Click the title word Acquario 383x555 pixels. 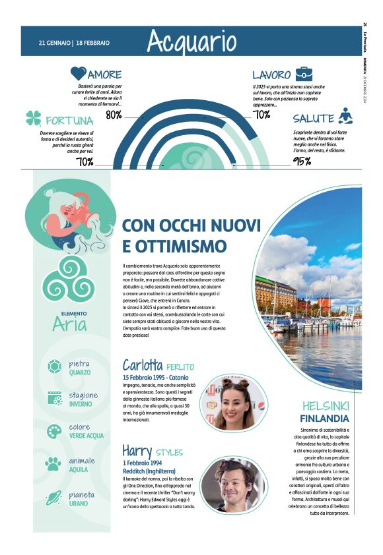[191, 42]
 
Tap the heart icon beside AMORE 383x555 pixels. [79, 74]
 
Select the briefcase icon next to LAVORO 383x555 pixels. [304, 74]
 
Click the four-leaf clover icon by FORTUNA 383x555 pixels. [33, 119]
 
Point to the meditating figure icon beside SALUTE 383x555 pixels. [345, 117]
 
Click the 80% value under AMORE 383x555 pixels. [114, 115]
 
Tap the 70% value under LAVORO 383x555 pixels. [261, 115]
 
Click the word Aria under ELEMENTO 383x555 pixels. [69, 324]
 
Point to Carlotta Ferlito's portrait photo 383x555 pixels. [236, 403]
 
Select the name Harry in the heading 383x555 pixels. [137, 451]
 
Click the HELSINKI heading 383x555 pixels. [326, 405]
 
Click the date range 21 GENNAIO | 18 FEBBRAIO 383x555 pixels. [74, 43]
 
